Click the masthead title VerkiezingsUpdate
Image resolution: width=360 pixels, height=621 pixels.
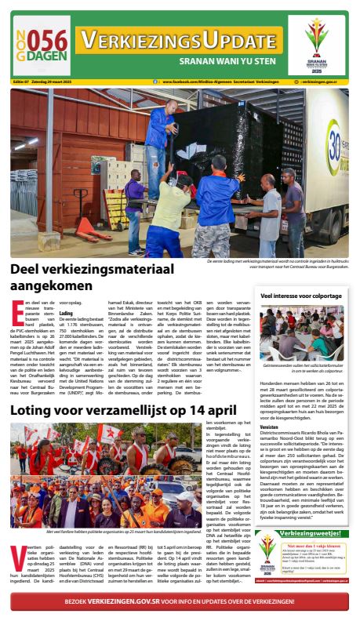click(181, 39)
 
